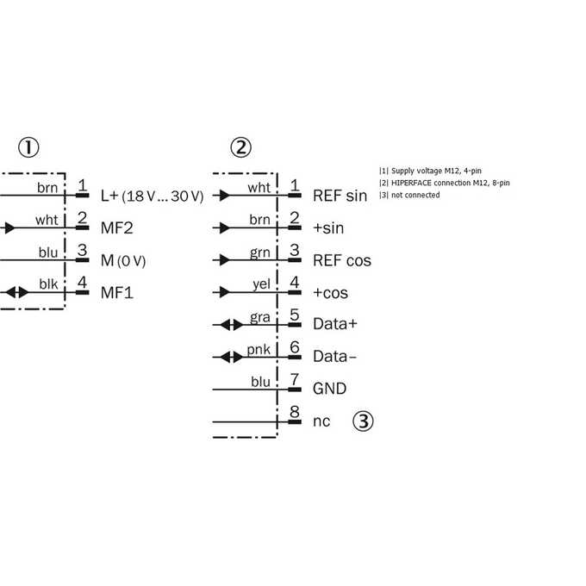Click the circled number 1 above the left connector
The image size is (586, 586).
tap(28, 147)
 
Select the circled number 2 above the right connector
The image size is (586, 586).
tap(240, 147)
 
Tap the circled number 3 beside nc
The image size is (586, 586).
tap(363, 421)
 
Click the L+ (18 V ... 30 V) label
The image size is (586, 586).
tap(153, 196)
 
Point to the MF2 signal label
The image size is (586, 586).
tap(117, 228)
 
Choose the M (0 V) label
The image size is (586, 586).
tap(123, 260)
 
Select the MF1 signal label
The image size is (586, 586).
tap(117, 293)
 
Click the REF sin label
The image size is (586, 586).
tap(340, 196)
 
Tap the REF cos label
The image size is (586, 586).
tap(342, 260)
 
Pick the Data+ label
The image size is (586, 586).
tap(335, 324)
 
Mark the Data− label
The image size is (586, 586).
tap(335, 356)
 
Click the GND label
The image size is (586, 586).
tap(329, 389)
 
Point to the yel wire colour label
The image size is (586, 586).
tap(261, 284)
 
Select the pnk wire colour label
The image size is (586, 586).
tap(259, 349)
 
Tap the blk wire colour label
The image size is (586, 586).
tap(48, 284)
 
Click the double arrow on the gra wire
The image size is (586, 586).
tap(231, 325)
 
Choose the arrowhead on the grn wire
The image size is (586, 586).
tap(224, 259)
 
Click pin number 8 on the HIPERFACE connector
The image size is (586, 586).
tap(295, 412)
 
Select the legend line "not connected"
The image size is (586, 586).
tap(409, 195)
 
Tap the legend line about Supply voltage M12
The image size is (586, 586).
tap(430, 171)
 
